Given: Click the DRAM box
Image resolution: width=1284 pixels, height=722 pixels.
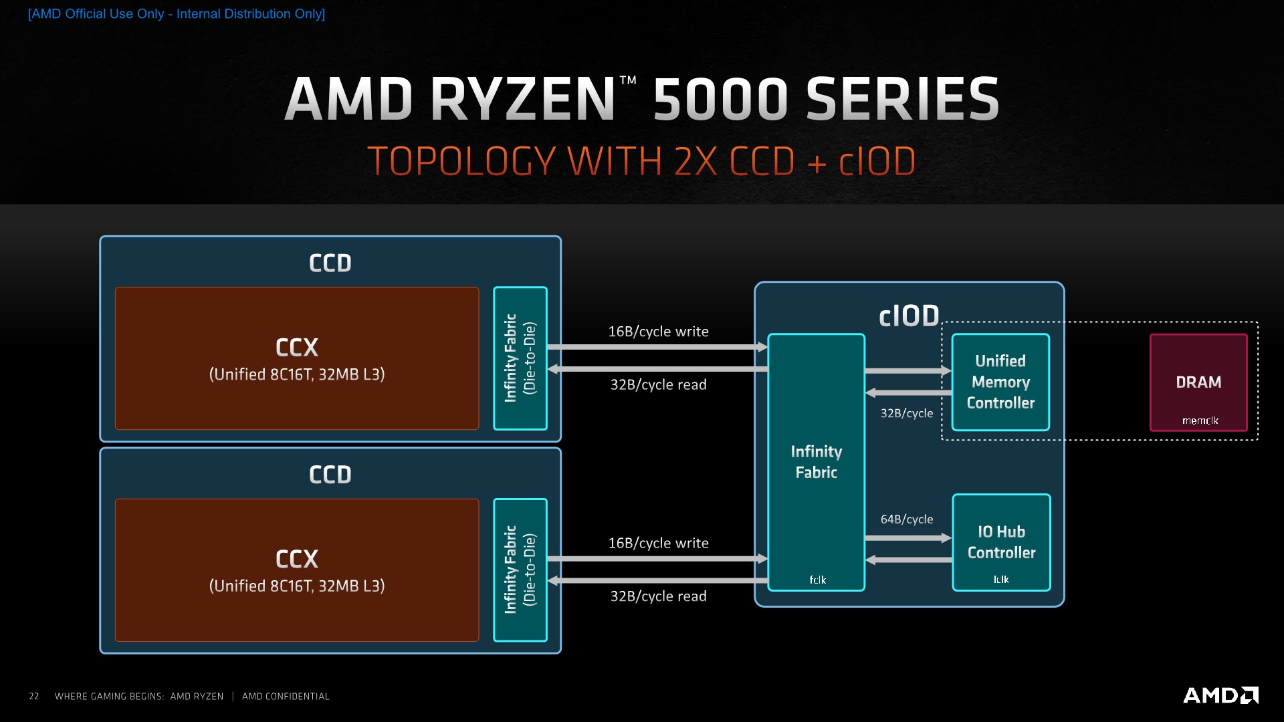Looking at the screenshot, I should click(x=1198, y=382).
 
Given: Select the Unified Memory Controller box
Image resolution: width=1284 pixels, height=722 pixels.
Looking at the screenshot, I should click(x=1000, y=382).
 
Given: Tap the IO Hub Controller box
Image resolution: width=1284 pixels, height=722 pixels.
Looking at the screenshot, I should click(x=1001, y=542).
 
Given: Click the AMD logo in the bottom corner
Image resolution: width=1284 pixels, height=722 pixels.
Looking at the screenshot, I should click(x=1220, y=695).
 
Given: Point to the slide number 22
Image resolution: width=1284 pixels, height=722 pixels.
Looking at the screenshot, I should click(x=34, y=697).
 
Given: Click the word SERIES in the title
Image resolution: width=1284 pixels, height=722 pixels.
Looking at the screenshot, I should click(x=902, y=99).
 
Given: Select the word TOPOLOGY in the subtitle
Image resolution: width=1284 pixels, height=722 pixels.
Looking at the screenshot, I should click(x=461, y=162).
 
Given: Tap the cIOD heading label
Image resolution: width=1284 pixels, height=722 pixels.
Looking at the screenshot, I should click(x=909, y=316).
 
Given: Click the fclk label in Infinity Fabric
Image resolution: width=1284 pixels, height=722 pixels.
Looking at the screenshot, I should click(x=817, y=580).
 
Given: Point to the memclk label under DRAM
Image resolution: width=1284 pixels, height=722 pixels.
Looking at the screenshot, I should click(x=1200, y=420).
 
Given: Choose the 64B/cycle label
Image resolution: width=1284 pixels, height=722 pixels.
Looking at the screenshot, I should click(x=906, y=519).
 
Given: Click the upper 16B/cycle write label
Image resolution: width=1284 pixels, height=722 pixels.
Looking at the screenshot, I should click(x=658, y=332).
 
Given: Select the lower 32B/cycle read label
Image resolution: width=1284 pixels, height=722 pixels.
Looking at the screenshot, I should click(x=658, y=596).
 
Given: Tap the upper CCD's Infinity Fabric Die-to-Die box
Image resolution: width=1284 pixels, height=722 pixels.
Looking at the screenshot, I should click(x=520, y=358).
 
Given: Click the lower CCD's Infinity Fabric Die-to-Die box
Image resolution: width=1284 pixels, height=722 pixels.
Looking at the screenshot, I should click(x=520, y=570).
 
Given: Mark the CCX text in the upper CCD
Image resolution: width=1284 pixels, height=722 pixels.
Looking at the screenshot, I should click(x=297, y=348).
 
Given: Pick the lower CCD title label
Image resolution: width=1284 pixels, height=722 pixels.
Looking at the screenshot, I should click(x=330, y=475).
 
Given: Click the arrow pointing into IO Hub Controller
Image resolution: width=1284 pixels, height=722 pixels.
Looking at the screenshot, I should click(x=907, y=537).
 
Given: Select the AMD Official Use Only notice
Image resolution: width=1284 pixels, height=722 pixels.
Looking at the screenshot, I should click(x=177, y=14).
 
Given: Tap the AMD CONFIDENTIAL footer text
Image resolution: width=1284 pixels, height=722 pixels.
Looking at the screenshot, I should click(x=286, y=697).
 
